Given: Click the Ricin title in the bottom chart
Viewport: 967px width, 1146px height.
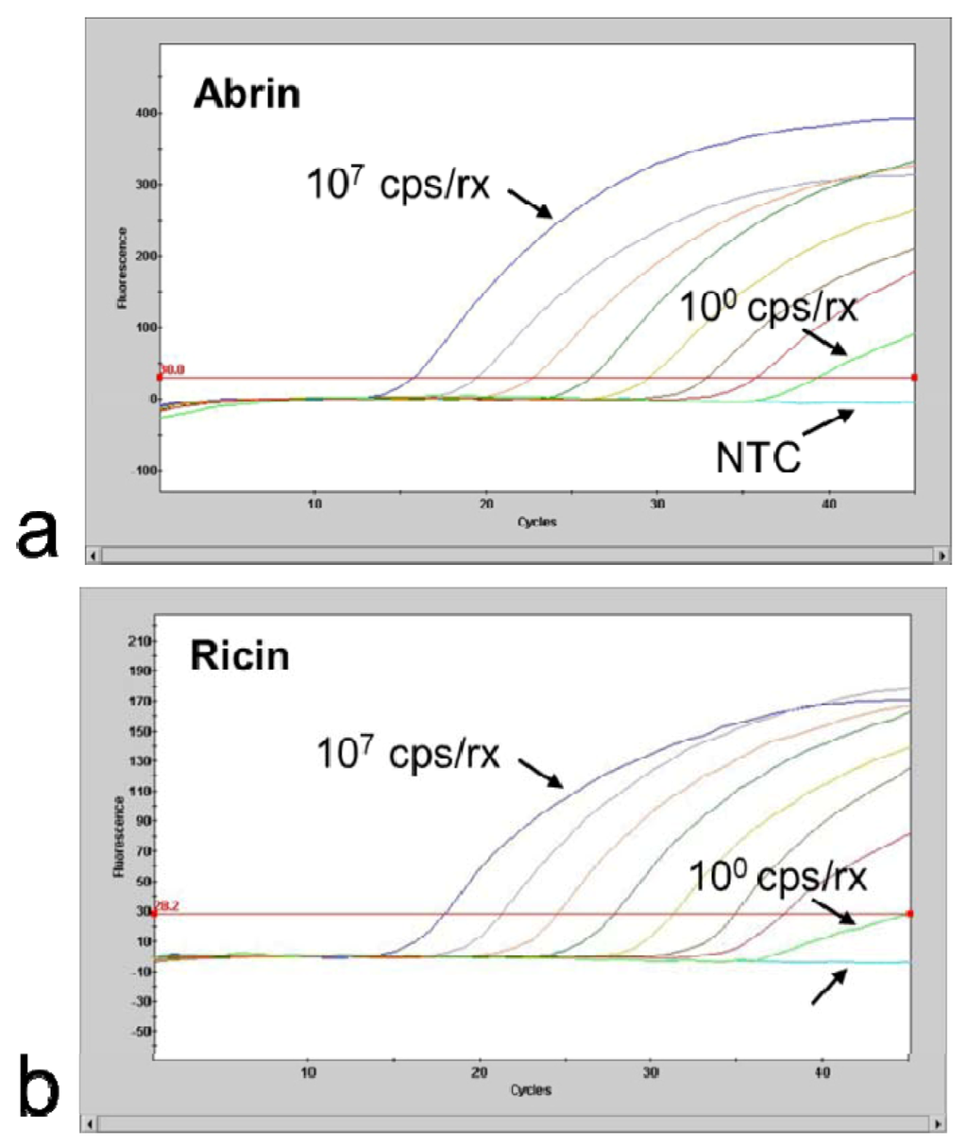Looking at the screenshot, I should click(240, 655).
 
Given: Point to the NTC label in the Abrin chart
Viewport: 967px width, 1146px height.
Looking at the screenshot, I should click(758, 457).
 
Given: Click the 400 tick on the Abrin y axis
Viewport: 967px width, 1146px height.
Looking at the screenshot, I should click(144, 113).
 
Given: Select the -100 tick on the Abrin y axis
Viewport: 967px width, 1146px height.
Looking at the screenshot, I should click(142, 470).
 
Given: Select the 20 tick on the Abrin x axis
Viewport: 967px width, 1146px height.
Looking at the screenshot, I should click(486, 505).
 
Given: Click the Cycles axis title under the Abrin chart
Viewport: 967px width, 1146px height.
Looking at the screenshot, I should click(536, 522).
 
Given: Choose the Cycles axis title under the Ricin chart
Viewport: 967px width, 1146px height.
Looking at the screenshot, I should click(531, 1090).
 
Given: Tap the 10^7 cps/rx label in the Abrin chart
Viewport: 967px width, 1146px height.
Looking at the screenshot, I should click(399, 183).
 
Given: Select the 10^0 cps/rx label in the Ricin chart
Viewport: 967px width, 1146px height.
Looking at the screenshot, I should click(777, 878).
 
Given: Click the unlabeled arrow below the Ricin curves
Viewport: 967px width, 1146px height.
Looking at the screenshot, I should click(831, 988).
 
